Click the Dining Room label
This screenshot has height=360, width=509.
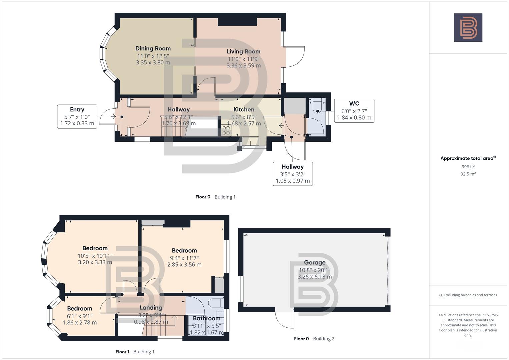153,49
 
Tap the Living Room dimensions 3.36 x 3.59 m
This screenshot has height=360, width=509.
243,66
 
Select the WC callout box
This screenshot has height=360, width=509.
354,111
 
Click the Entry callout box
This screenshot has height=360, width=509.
77,116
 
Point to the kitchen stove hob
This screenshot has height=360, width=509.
226,130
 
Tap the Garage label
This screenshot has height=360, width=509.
314,263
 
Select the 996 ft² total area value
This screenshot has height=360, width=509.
468,167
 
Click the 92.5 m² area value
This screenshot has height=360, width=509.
468,174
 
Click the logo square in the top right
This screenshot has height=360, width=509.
468,28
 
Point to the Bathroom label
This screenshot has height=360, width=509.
206,318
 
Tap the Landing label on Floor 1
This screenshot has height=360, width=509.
151,308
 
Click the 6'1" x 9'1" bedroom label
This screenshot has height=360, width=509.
79,316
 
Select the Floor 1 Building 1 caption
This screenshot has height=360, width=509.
135,352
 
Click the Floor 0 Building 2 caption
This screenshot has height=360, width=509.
314,339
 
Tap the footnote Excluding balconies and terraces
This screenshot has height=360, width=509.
468,295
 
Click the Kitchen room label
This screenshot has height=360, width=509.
244,110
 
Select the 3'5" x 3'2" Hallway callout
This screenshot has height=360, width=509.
293,174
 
